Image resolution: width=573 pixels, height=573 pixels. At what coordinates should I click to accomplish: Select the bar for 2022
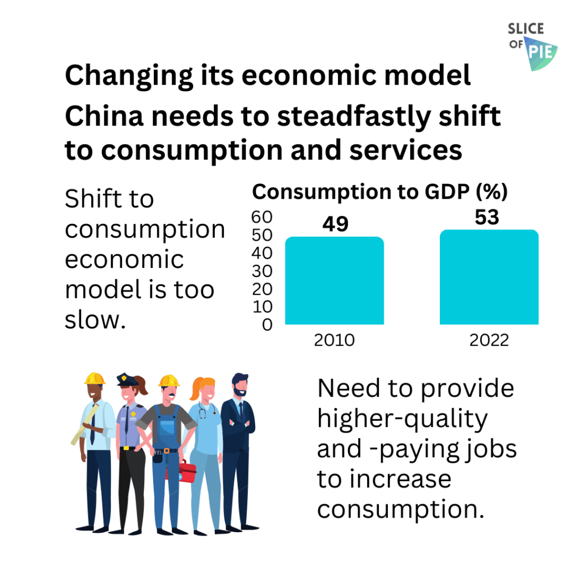[x=489, y=278]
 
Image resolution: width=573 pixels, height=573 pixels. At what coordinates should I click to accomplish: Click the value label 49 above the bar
[x=335, y=224]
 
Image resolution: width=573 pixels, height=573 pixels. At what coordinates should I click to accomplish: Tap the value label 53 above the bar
[x=487, y=217]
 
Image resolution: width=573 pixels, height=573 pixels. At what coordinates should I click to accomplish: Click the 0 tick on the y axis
[x=267, y=325]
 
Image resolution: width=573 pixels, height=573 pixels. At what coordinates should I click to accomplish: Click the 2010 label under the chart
[x=334, y=340]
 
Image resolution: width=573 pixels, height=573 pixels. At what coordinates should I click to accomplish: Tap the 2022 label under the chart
[x=490, y=340]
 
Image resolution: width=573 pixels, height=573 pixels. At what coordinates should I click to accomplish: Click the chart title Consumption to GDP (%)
[x=379, y=192]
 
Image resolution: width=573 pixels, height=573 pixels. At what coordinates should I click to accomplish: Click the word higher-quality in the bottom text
[x=402, y=419]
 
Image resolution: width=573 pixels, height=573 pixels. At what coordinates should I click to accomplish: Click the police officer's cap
[x=127, y=380]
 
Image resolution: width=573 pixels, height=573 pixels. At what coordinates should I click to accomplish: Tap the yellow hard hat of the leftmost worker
[x=95, y=379]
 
